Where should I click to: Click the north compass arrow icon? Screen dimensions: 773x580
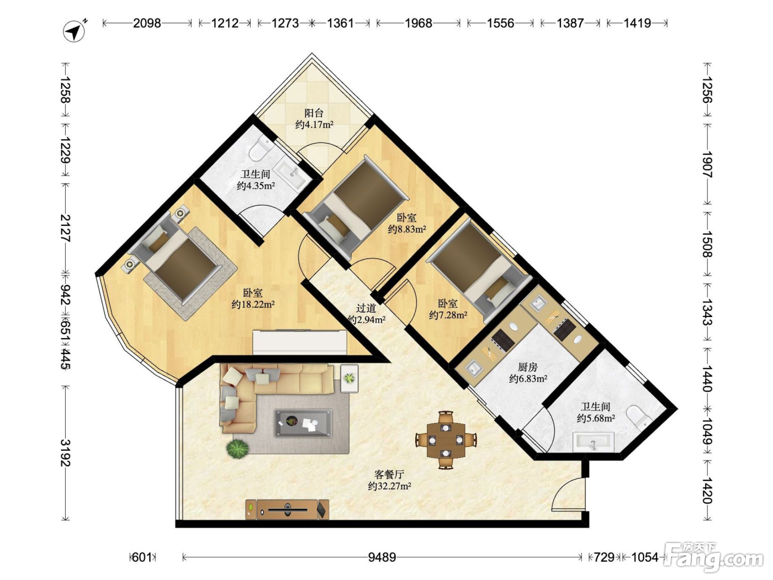coord(74,32)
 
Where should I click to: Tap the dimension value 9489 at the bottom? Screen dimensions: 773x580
coord(382,557)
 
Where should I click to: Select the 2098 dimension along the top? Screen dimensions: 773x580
coord(147,23)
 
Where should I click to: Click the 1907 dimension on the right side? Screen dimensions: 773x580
coord(707,165)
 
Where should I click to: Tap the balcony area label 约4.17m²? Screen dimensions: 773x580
coord(314,124)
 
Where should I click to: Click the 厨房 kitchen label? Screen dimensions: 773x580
coord(527,367)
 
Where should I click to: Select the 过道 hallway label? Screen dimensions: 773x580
coord(366,308)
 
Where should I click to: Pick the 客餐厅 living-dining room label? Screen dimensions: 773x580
coord(389,474)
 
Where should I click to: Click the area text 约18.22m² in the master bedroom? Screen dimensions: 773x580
coord(253,304)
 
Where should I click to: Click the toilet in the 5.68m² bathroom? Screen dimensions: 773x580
coord(639,417)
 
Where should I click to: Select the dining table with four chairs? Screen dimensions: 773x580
coord(446,440)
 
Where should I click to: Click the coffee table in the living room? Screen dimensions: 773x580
coord(303,423)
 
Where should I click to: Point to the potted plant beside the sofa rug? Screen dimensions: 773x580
coord(237,449)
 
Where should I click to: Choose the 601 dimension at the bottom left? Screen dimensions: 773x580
coord(141,557)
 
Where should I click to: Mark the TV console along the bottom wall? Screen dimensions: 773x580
coord(287,509)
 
